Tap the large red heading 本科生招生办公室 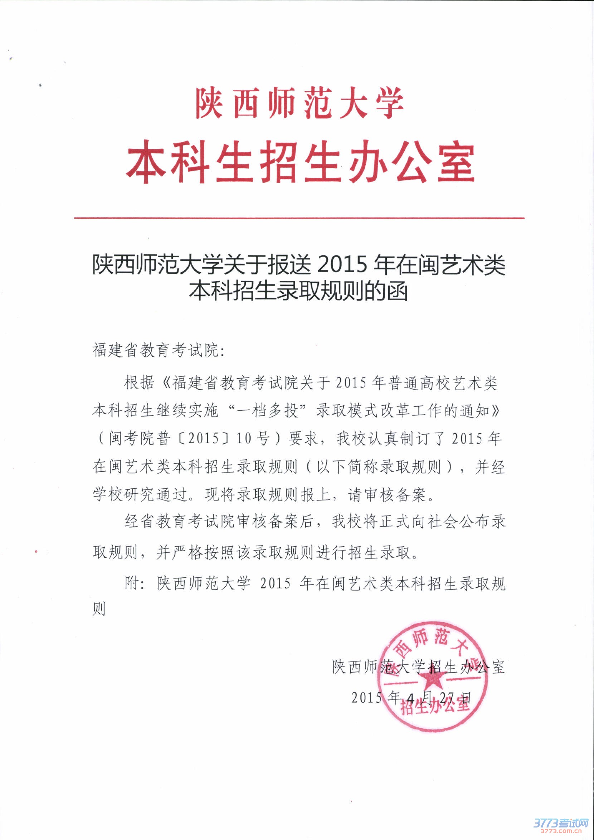tap(300, 162)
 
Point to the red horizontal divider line tap(299, 218)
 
